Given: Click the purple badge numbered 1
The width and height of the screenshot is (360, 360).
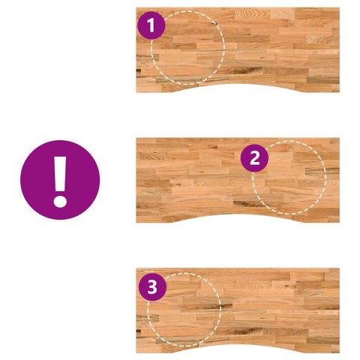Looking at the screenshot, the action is point(151,25).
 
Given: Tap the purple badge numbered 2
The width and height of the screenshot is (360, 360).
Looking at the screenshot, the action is point(254,158).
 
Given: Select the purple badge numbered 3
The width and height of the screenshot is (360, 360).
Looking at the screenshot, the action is point(152,286).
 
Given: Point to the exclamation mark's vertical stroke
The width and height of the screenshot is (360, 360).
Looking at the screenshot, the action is point(60,174).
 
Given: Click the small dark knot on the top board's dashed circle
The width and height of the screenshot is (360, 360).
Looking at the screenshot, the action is point(215,24).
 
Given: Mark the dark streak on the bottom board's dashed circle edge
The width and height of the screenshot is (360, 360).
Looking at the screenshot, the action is point(220,306).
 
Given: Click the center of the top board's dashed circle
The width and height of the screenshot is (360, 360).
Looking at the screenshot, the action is point(188,47).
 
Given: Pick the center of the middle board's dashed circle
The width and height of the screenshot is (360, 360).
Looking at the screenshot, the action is point(289,178).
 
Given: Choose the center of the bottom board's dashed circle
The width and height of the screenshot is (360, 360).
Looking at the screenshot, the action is point(184,310).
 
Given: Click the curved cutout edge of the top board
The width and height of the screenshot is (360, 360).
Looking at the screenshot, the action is point(238,85).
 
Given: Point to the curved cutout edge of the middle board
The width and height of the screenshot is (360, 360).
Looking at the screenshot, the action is point(238,214).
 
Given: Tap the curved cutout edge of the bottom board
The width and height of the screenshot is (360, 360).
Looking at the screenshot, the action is point(238,345).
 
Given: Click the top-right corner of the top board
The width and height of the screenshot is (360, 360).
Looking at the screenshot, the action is point(339,7).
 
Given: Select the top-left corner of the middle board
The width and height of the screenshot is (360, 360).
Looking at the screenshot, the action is point(136,138).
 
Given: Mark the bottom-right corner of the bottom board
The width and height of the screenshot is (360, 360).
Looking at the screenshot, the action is point(339,352).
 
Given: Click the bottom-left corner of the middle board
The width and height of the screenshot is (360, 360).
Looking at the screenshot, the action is point(136,222).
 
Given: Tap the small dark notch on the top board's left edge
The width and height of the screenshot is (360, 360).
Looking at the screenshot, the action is point(138,70).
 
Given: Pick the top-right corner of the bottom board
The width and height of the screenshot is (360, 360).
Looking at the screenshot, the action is point(339,268).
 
